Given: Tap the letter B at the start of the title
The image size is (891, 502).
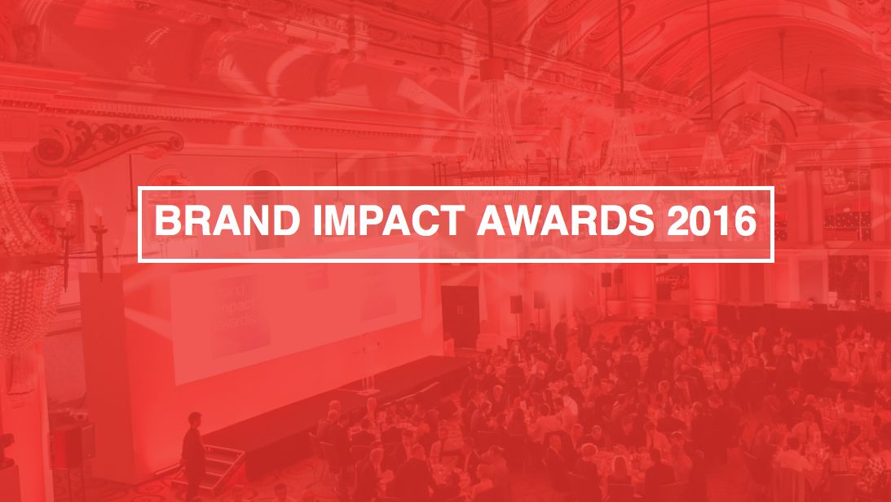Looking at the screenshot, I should [x=165, y=224].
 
